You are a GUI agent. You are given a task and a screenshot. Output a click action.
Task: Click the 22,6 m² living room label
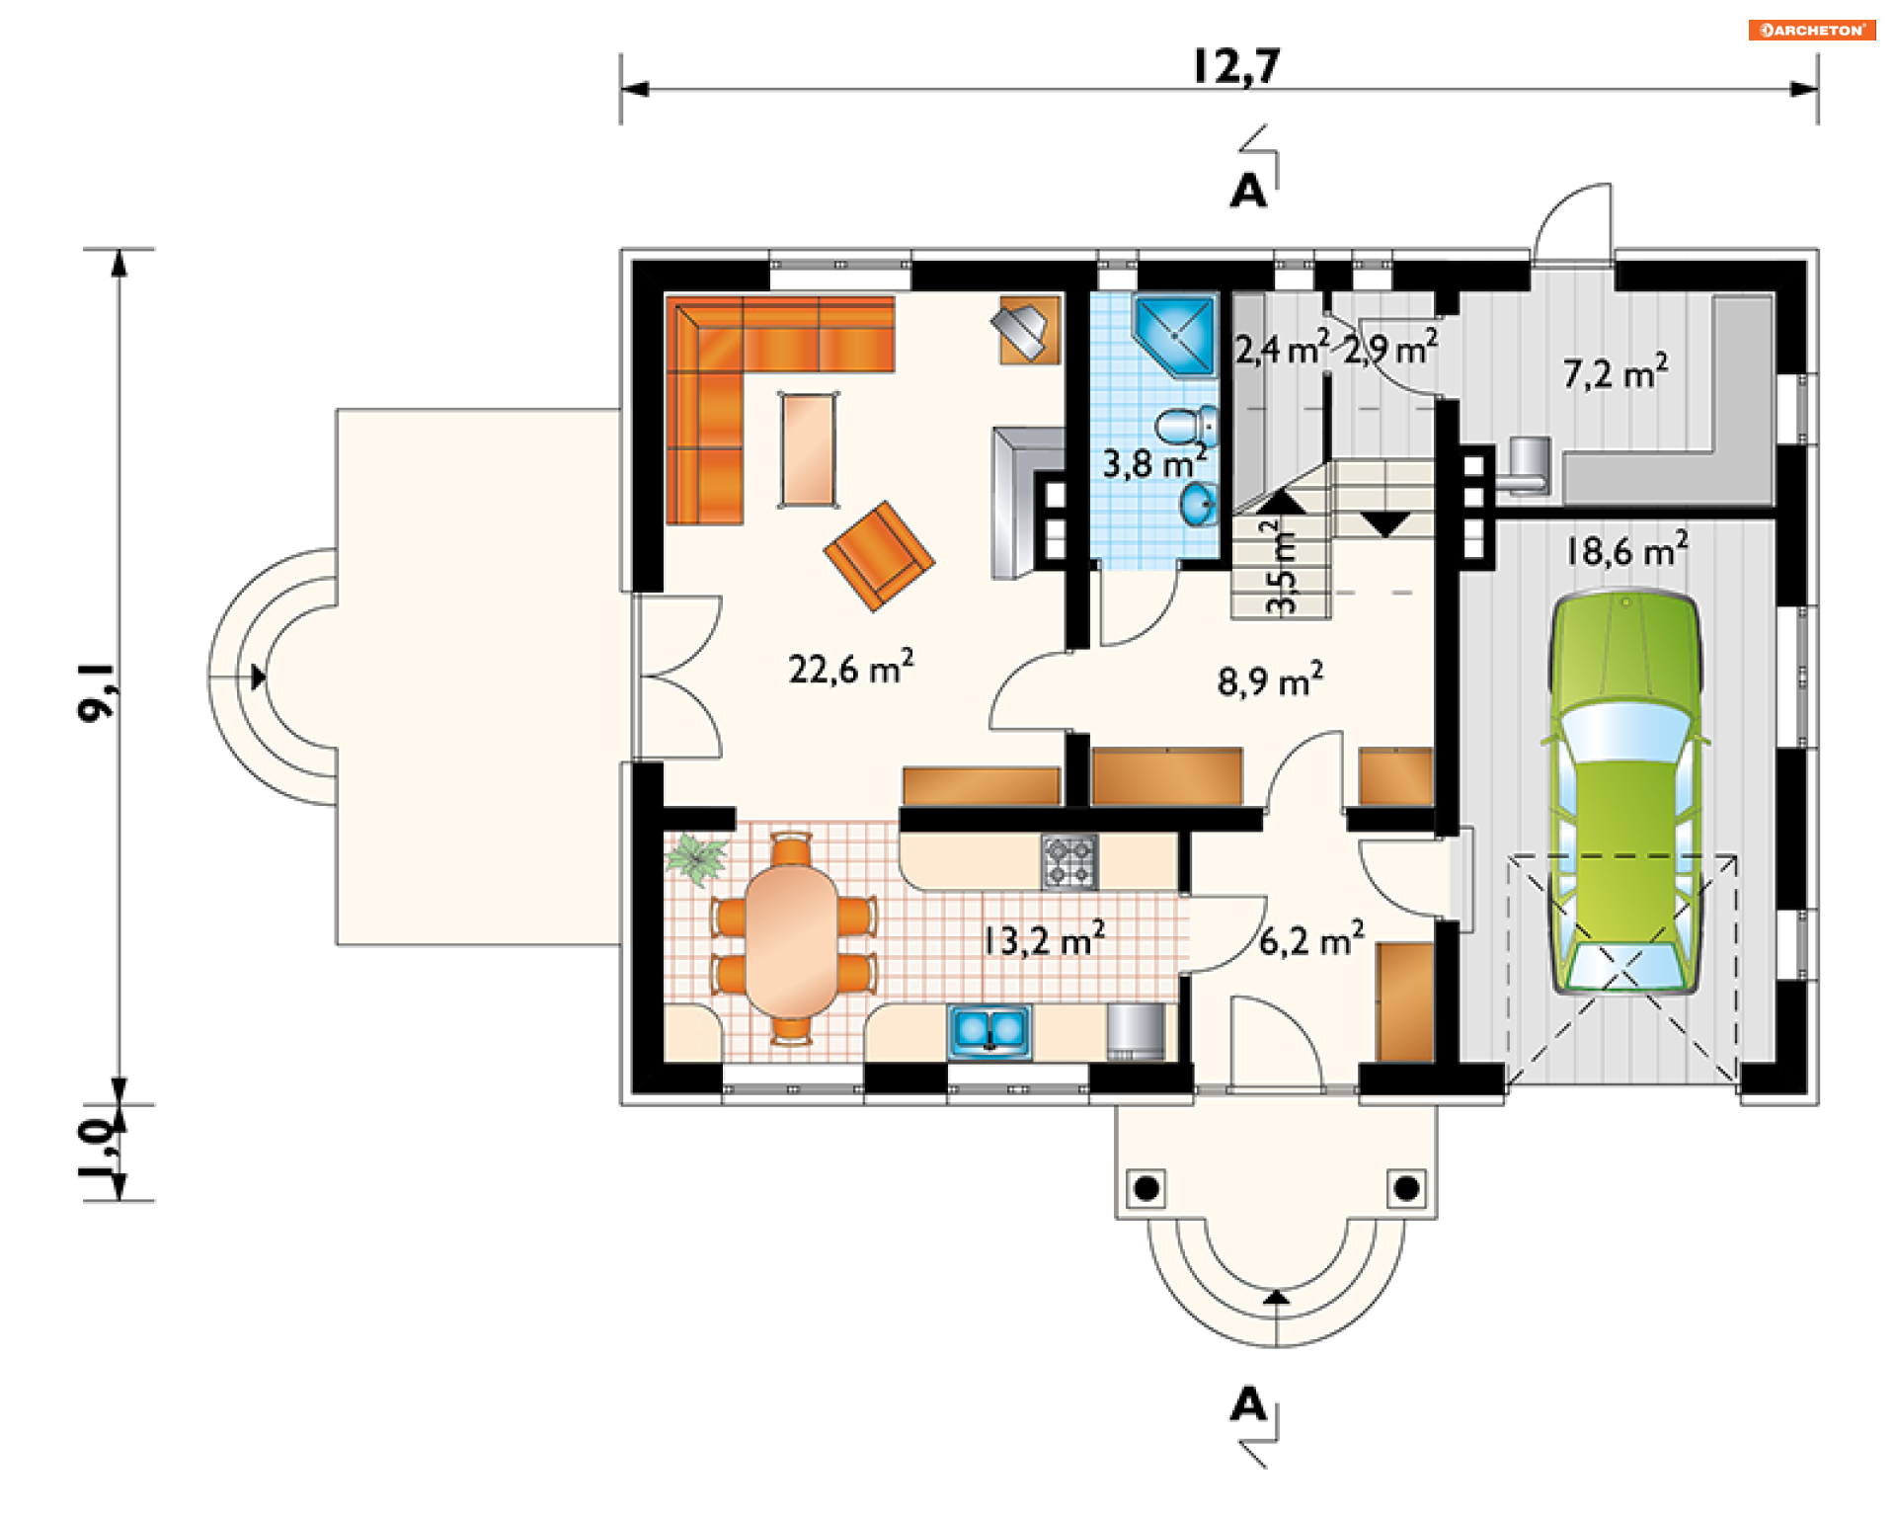[850, 668]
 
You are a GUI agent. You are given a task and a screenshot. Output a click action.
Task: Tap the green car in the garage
[1625, 791]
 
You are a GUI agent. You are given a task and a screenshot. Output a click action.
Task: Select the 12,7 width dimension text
[1236, 66]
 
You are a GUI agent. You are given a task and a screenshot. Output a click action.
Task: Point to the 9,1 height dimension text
[97, 691]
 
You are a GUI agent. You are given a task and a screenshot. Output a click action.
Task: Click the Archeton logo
[1812, 30]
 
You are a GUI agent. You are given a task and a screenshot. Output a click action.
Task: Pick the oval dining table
[791, 941]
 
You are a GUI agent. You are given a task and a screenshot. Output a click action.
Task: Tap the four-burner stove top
[1069, 862]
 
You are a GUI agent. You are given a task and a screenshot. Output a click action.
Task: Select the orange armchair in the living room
[879, 556]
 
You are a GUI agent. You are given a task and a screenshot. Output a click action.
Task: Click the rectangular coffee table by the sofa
[809, 449]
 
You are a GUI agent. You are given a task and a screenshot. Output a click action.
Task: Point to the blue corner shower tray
[1174, 335]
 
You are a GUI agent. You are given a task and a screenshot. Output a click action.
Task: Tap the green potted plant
[696, 857]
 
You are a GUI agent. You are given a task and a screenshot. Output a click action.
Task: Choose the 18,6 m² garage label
[1626, 550]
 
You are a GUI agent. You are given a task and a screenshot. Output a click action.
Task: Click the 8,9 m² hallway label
[1270, 679]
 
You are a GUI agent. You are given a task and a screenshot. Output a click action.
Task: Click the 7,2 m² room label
[1616, 371]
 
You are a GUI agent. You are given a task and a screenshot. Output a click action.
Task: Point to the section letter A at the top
[1248, 191]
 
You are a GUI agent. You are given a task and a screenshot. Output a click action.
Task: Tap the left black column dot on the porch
[1146, 1188]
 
